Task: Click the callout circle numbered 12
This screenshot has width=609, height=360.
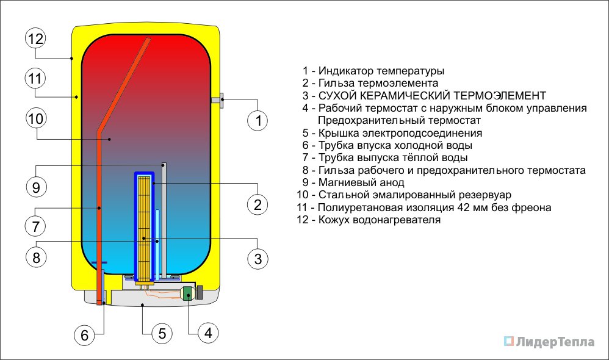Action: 36,39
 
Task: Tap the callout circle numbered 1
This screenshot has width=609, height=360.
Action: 258,120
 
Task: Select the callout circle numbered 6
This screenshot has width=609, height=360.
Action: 85,334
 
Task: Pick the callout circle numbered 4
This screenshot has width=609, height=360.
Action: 208,333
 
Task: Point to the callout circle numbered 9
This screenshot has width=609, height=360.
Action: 36,187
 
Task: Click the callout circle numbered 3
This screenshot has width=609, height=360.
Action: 258,259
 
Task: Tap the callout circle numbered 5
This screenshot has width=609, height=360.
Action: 162,333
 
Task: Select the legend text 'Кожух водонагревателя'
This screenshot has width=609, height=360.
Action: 379,220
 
